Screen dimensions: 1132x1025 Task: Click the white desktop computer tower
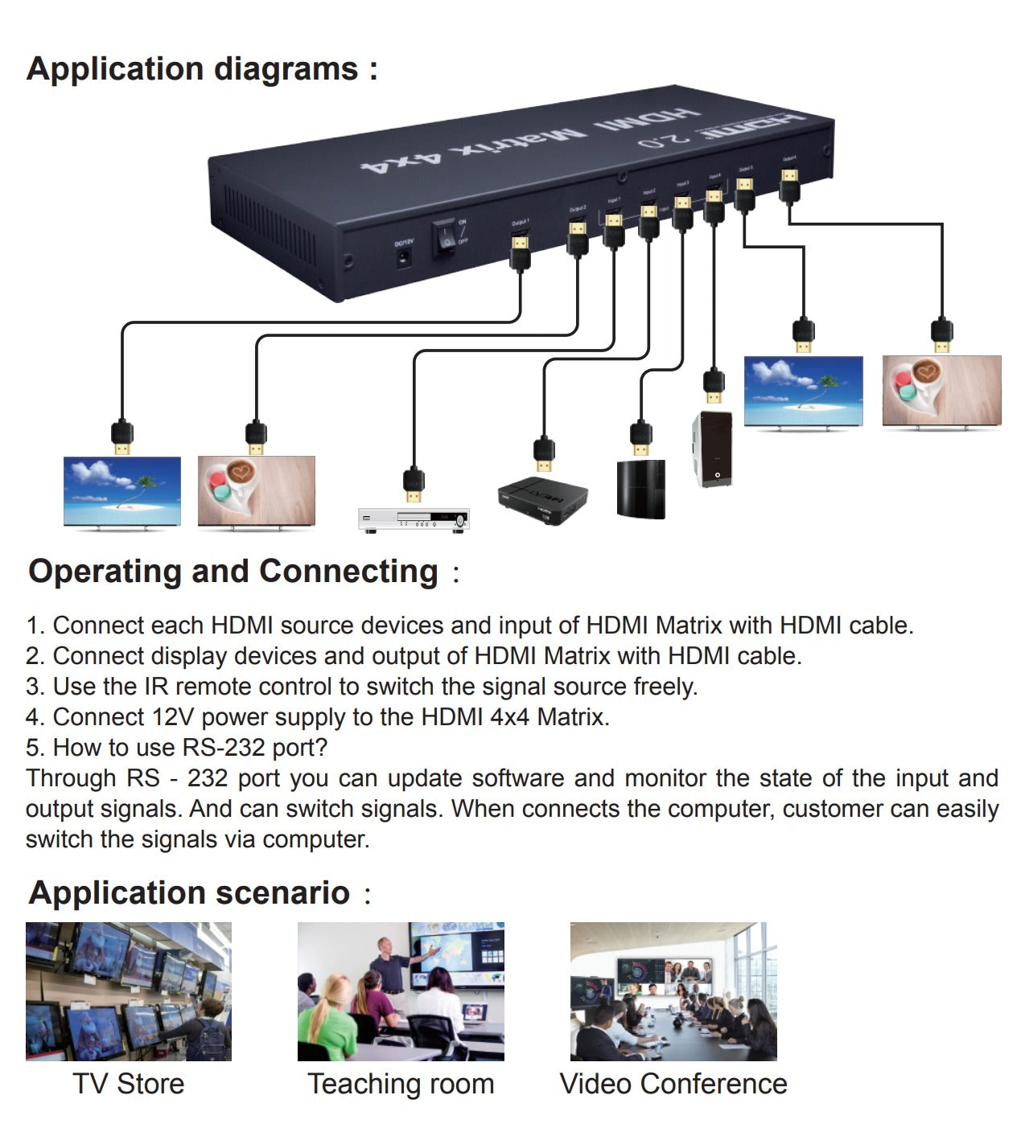713,449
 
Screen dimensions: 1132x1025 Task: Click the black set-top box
542,499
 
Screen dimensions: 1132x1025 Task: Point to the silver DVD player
414,519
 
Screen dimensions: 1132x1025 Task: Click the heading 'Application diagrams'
201,69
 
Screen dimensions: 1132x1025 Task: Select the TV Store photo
129,991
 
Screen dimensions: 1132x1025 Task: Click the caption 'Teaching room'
401,1084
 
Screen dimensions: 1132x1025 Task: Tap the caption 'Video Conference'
673,1084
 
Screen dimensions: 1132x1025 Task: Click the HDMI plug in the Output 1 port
521,249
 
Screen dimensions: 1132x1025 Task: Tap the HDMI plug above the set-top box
544,454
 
